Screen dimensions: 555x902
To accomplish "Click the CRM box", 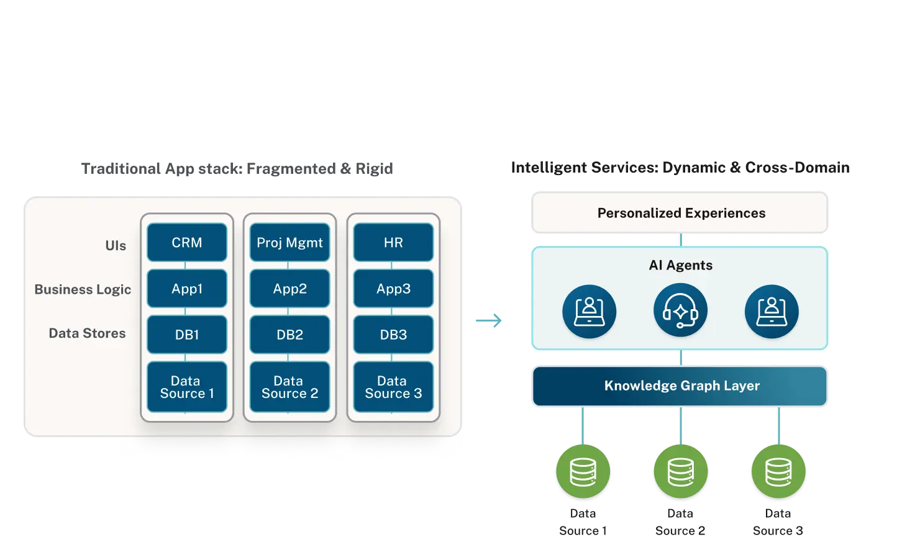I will pyautogui.click(x=187, y=243).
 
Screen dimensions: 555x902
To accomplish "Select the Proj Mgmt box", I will pyautogui.click(x=290, y=243).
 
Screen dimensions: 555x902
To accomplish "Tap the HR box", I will pyautogui.click(x=393, y=243).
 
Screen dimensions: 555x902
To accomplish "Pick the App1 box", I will pyautogui.click(x=187, y=289).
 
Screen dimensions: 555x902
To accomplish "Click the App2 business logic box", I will pyautogui.click(x=290, y=289).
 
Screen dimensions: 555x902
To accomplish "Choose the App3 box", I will pyautogui.click(x=393, y=289).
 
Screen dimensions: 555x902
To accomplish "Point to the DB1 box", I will pyautogui.click(x=187, y=335).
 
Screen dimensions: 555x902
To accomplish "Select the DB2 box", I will pyautogui.click(x=290, y=335).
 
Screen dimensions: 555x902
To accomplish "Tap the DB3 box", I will pyautogui.click(x=393, y=335).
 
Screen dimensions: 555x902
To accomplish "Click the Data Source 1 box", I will pyautogui.click(x=187, y=387).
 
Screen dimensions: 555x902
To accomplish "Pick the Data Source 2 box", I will pyautogui.click(x=290, y=387).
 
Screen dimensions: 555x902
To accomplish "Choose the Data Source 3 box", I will pyautogui.click(x=393, y=387).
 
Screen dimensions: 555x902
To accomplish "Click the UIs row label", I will pyautogui.click(x=116, y=246).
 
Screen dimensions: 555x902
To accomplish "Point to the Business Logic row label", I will pyautogui.click(x=83, y=289).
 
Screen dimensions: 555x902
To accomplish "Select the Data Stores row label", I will pyautogui.click(x=87, y=333).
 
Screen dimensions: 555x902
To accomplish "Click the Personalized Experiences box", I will pyautogui.click(x=681, y=213).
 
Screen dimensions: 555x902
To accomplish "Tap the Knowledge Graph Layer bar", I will pyautogui.click(x=681, y=386).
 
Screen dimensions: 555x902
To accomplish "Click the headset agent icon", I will pyautogui.click(x=680, y=311).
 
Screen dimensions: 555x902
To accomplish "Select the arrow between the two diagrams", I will pyautogui.click(x=487, y=320).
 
